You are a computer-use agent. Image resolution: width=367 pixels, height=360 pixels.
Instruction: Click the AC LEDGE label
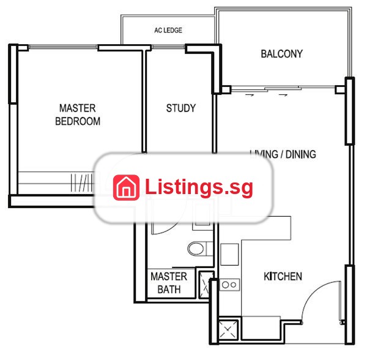pyautogui.click(x=168, y=30)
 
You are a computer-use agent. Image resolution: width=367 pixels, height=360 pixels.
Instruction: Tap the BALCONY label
pyautogui.click(x=281, y=54)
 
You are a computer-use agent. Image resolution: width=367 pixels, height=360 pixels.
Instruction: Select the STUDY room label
pyautogui.click(x=180, y=108)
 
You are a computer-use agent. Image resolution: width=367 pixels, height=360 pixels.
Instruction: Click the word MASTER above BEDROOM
pyautogui.click(x=78, y=108)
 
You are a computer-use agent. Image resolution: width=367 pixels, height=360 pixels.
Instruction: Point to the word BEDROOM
pyautogui.click(x=78, y=121)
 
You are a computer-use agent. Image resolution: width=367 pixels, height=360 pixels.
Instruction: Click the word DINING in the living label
pyautogui.click(x=301, y=154)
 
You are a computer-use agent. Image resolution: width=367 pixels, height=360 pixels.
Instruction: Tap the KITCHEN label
pyautogui.click(x=283, y=276)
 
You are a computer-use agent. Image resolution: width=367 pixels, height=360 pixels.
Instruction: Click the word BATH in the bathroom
pyautogui.click(x=169, y=290)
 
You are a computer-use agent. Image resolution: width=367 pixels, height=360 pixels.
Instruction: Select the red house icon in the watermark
pyautogui.click(x=126, y=187)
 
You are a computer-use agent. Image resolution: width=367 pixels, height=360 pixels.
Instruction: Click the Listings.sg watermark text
pyautogui.click(x=199, y=187)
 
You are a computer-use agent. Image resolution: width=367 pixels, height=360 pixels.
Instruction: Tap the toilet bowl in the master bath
pyautogui.click(x=196, y=249)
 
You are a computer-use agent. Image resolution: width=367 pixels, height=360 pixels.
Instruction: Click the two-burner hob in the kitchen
pyautogui.click(x=229, y=285)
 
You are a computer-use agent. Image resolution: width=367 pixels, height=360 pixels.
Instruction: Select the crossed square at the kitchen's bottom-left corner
pyautogui.click(x=228, y=329)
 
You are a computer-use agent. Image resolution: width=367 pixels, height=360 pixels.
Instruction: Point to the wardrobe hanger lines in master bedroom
pyautogui.click(x=81, y=182)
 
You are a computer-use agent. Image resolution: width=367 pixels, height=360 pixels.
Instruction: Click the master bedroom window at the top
pyautogui.click(x=63, y=47)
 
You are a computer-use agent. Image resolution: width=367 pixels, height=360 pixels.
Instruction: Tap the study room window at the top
pyautogui.click(x=168, y=47)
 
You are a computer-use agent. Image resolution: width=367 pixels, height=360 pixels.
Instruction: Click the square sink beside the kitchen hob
pyautogui.click(x=229, y=254)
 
